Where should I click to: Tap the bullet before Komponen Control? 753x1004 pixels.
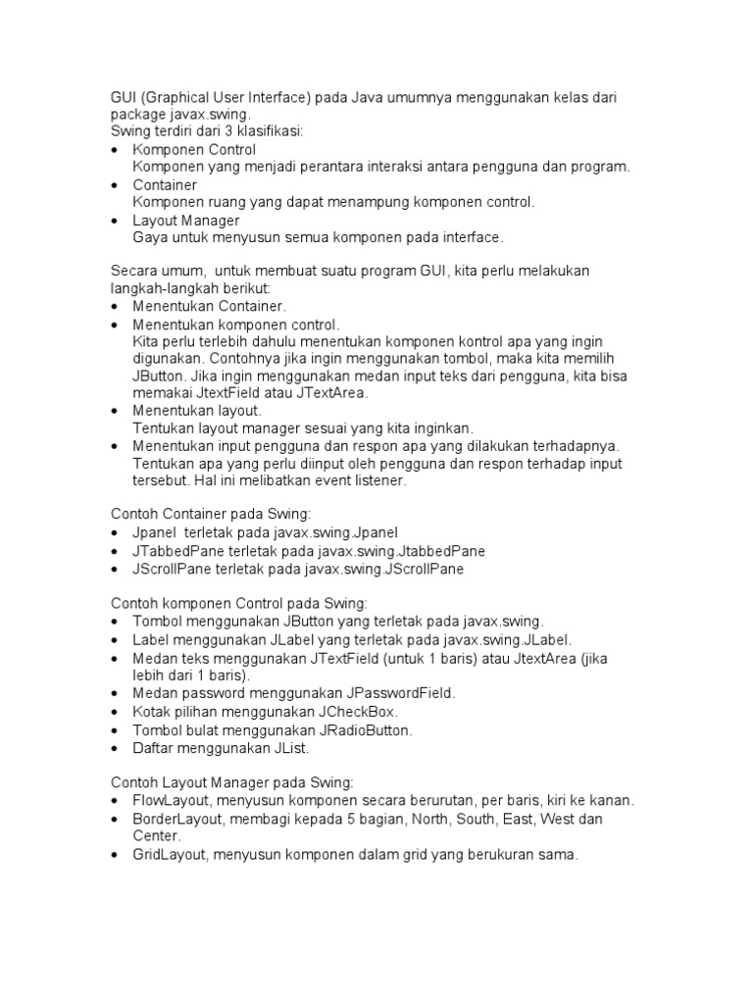tap(115, 150)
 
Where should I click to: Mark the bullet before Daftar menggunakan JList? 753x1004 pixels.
tap(115, 748)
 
